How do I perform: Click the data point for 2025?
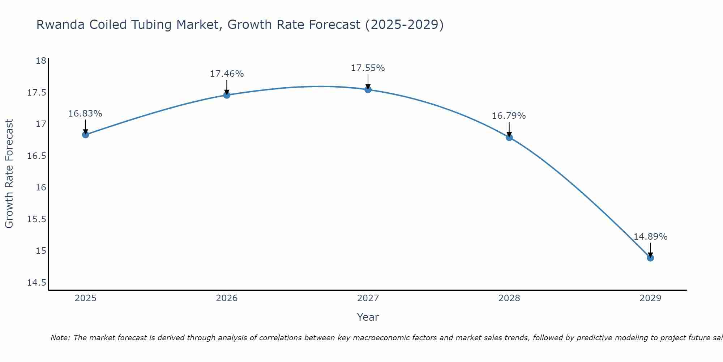pos(86,135)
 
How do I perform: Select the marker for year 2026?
pos(227,95)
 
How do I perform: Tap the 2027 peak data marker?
pos(368,89)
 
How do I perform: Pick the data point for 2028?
pos(509,137)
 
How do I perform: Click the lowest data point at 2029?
pos(650,258)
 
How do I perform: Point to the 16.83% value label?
pos(85,114)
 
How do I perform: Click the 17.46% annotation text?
pos(227,74)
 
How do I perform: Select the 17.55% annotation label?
pos(368,68)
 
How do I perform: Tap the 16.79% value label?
pos(509,116)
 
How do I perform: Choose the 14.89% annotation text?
pos(650,237)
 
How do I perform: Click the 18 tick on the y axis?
pos(41,61)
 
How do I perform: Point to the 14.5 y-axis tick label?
pos(37,282)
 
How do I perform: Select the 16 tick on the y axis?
pos(41,188)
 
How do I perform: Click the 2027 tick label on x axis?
pos(368,298)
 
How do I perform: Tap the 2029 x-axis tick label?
pos(650,298)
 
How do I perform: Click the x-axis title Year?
pos(368,317)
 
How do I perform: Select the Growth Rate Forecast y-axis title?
pos(9,174)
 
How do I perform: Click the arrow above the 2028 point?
pos(509,129)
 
